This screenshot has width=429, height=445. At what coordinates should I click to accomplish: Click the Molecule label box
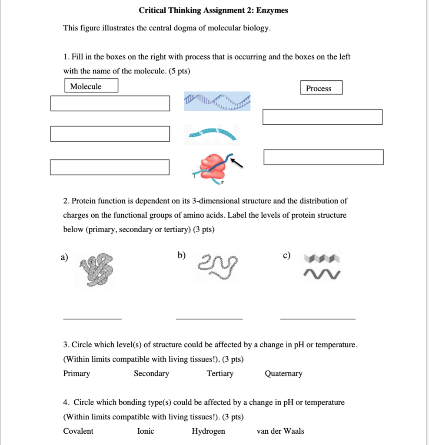point(91,86)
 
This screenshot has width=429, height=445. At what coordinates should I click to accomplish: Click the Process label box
point(321,88)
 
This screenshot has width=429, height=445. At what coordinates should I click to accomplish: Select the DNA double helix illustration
point(217,101)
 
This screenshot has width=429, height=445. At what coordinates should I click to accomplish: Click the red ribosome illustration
point(211,167)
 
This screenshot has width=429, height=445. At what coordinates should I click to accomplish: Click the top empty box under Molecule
point(110,103)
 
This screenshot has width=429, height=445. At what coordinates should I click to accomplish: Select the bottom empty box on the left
point(110,167)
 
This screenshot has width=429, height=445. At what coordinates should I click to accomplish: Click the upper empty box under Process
point(322,117)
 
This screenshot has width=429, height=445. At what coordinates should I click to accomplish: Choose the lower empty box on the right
point(323,157)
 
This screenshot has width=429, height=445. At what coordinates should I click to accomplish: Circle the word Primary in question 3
point(76,374)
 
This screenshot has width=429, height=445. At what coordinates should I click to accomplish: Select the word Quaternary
point(283,374)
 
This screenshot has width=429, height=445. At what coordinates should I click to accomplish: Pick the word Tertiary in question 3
point(220,374)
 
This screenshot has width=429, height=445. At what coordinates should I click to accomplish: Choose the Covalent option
point(78,431)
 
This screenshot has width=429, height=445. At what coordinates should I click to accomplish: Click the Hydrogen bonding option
point(209,431)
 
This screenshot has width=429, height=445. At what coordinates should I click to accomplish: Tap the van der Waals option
point(280,431)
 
